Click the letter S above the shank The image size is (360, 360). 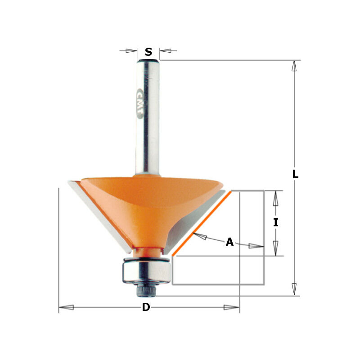[x=148, y=52]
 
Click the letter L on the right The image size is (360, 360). [x=295, y=174]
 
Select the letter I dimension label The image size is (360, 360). [x=275, y=222]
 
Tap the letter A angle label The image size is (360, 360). [x=229, y=242]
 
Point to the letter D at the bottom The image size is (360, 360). [x=146, y=307]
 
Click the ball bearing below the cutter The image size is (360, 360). [x=144, y=272]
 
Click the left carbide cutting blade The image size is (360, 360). [x=99, y=216]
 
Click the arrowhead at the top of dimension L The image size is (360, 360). [x=294, y=67]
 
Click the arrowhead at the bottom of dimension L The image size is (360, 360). [x=294, y=289]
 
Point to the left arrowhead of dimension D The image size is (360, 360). [x=66, y=307]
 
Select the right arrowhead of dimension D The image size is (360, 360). [x=232, y=307]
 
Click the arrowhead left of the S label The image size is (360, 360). [x=131, y=51]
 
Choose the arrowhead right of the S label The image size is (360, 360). [x=166, y=51]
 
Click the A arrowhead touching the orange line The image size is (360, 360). [x=199, y=236]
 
